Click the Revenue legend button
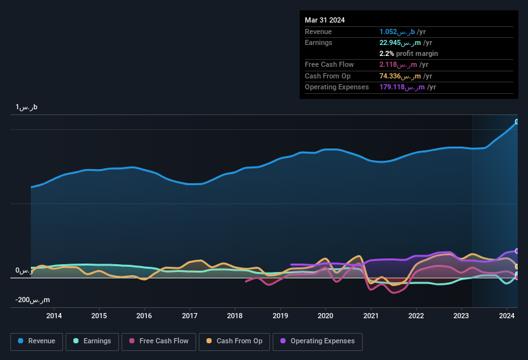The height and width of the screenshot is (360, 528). [37, 341]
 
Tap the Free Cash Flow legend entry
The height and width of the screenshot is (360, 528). [159, 341]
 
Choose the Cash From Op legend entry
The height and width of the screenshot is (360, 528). [234, 341]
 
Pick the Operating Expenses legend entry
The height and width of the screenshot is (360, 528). [317, 341]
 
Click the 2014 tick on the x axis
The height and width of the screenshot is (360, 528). [54, 316]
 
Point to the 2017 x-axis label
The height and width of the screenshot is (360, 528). [190, 316]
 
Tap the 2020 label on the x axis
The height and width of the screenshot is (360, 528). [325, 316]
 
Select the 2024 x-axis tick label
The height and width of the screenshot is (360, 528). [507, 316]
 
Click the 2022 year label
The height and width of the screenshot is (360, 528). [416, 316]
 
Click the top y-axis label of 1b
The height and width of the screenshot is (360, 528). [26, 107]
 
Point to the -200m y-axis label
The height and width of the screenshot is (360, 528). [33, 300]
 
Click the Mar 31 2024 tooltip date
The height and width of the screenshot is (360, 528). [325, 20]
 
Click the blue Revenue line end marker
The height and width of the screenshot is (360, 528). [517, 122]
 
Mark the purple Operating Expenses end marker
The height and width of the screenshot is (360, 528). [517, 251]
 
